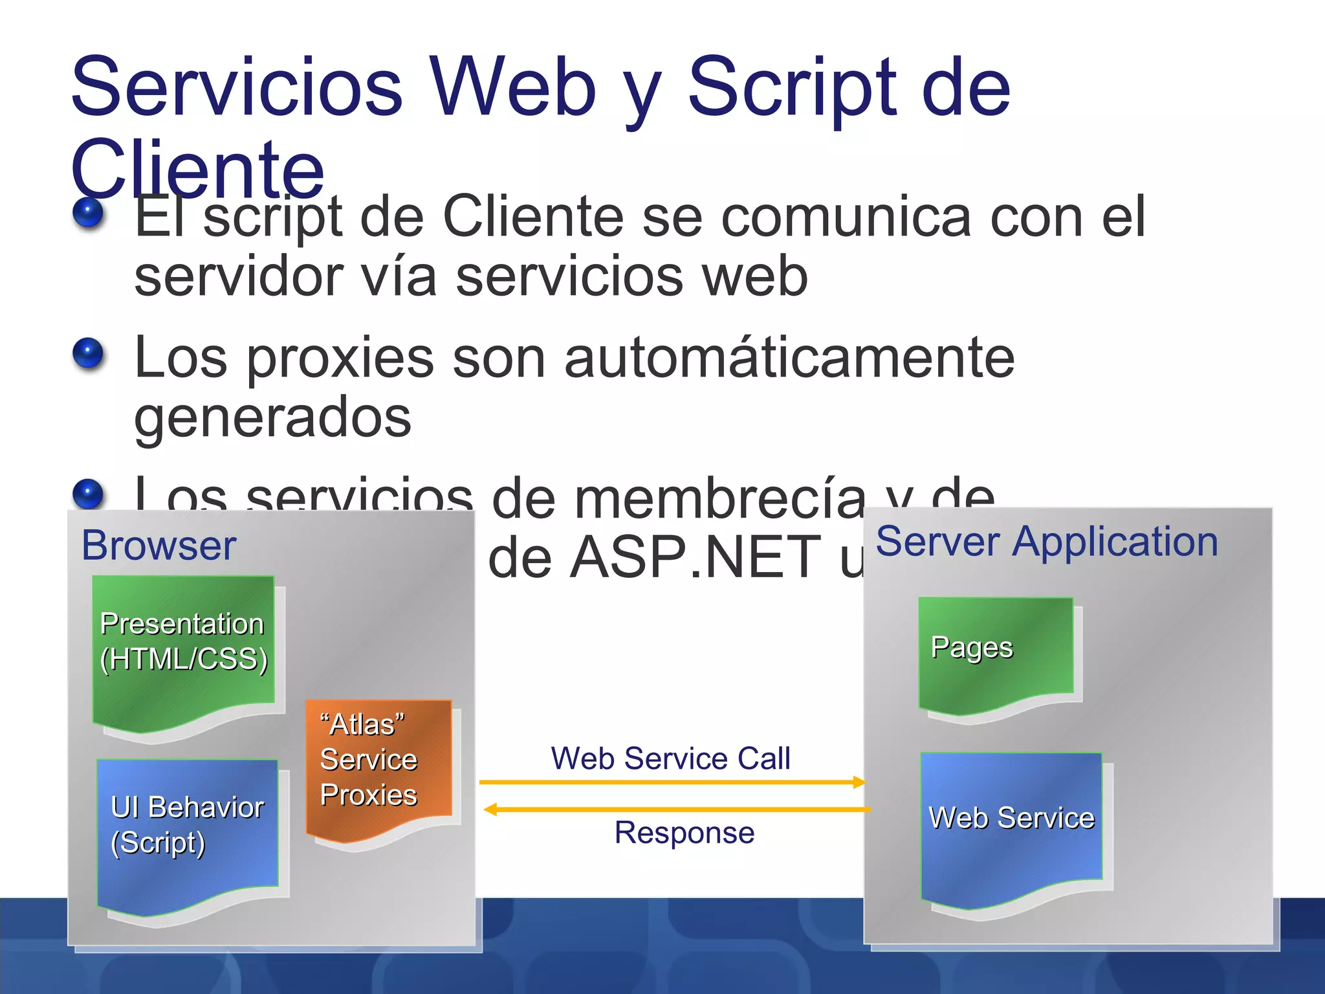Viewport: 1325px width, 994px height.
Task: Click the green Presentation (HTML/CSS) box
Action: (x=184, y=647)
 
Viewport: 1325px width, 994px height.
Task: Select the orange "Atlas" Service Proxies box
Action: (x=378, y=764)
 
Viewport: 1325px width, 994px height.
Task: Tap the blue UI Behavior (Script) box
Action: (x=188, y=828)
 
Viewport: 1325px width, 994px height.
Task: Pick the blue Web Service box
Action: (x=1011, y=822)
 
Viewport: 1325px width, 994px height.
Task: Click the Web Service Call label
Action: (x=670, y=758)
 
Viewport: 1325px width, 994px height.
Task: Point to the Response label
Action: (x=684, y=832)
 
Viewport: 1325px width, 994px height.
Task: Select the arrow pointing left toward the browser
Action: (x=677, y=810)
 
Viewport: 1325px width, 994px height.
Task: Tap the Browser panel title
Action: (x=159, y=546)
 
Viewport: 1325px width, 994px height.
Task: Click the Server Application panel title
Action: (x=1046, y=542)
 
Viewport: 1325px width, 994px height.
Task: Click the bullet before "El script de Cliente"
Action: (x=88, y=213)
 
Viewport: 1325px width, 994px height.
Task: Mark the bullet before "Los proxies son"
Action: (x=88, y=353)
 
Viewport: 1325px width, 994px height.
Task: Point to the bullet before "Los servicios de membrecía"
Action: (x=88, y=494)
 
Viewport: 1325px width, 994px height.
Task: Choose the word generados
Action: (x=272, y=417)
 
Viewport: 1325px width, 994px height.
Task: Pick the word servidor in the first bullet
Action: (x=239, y=276)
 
